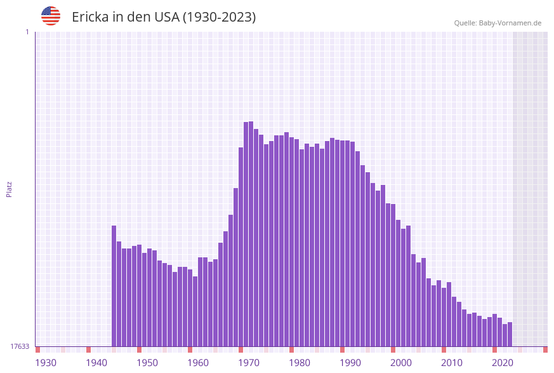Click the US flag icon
point(51,16)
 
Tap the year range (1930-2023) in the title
point(219,17)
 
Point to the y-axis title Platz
point(9,189)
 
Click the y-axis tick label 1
point(27,32)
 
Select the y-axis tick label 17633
point(20,346)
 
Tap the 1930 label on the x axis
point(45,363)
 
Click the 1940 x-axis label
point(96,363)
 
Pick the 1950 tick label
point(147,363)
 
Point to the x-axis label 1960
point(198,363)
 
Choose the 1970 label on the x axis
point(249,363)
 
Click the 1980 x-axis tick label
point(300,363)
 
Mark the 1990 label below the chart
point(350,363)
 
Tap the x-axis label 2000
point(401,363)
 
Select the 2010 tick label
point(452,363)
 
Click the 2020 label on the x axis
point(503,363)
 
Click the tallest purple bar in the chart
point(251,235)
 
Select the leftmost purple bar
point(114,286)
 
